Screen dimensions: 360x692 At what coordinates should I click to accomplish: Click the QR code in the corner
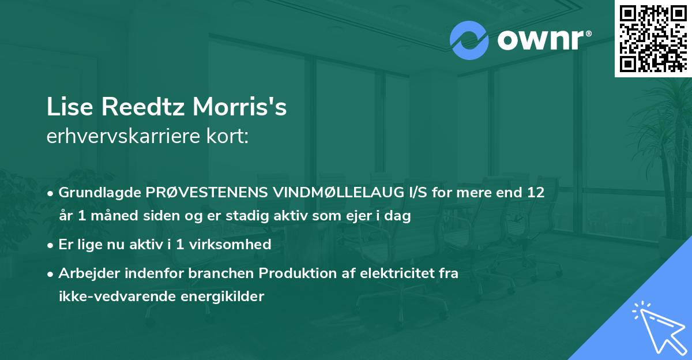pyautogui.click(x=653, y=38)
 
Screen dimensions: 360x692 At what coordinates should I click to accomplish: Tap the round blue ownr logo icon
pyautogui.click(x=468, y=40)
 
